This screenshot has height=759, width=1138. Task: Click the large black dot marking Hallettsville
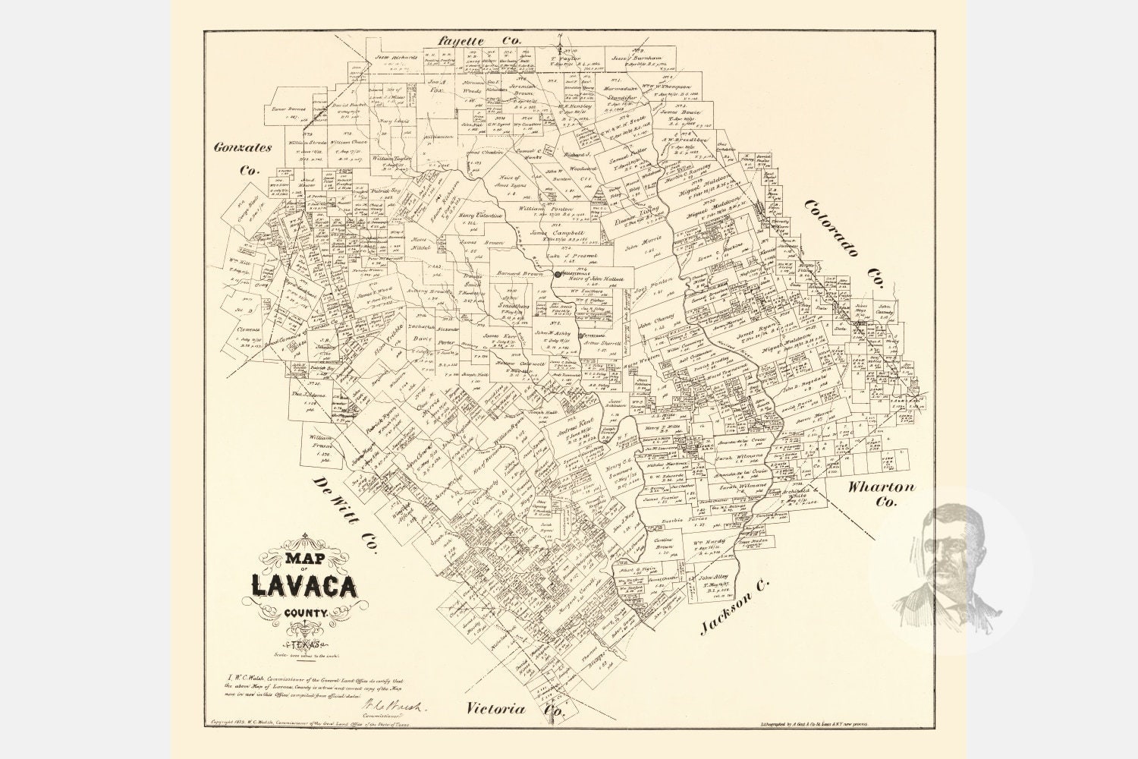(x=558, y=274)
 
